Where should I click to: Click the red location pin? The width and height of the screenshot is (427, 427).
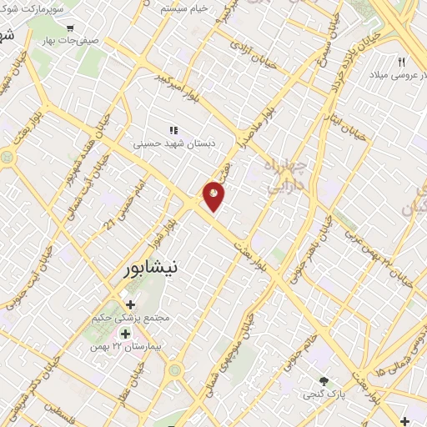[214, 194]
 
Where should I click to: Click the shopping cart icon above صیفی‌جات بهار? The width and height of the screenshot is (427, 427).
[81, 28]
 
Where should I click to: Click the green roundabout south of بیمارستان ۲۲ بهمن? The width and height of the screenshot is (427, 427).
[175, 369]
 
